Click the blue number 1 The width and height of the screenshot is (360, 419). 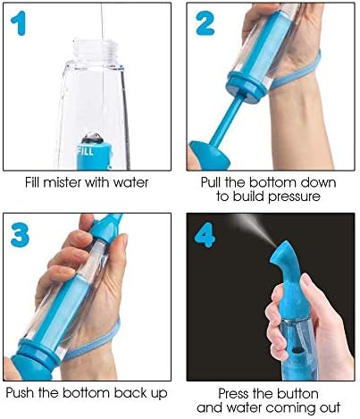click(19, 23)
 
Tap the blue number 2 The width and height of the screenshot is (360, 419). click(205, 23)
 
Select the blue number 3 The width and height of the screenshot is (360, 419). click(20, 235)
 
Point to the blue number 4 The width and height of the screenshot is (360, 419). click(205, 235)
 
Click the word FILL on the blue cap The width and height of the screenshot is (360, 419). click(86, 151)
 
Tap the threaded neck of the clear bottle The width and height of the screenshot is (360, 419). click(96, 50)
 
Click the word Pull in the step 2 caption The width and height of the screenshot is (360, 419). click(212, 182)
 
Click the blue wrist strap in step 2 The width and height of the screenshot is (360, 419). click(297, 71)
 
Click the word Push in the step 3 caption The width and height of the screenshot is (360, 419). click(21, 393)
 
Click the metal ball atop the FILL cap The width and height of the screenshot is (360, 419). click(92, 138)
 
